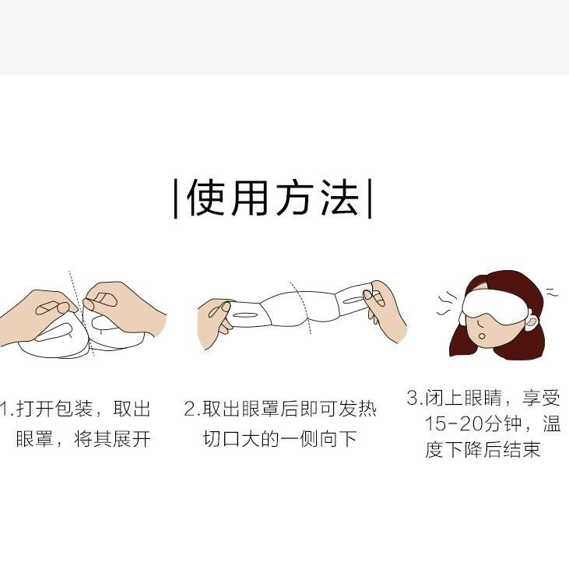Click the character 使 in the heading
(x=206, y=198)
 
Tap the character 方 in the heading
(x=295, y=198)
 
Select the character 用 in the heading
(x=251, y=198)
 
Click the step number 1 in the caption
(x=3, y=409)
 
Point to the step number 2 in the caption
(x=189, y=409)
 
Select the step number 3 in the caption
(x=413, y=398)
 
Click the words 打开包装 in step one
(x=54, y=409)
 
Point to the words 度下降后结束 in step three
(x=483, y=451)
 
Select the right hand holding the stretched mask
(x=387, y=311)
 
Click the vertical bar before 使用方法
(x=176, y=198)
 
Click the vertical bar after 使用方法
(x=369, y=198)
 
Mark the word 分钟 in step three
(x=509, y=424)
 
